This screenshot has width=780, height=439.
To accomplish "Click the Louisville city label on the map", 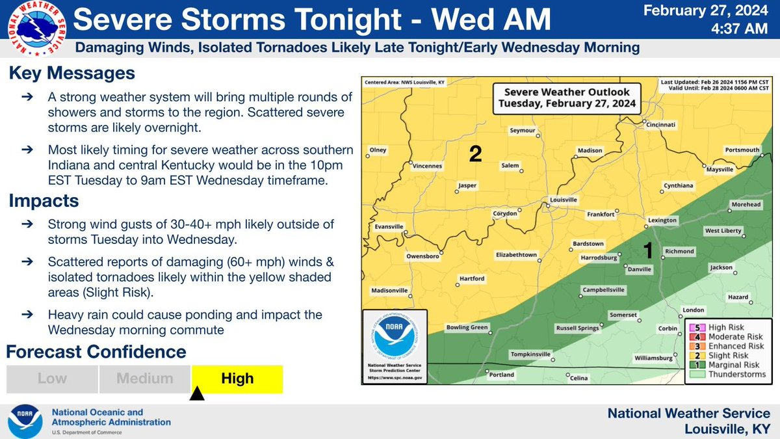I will point(563,200).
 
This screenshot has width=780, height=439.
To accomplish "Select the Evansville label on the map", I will point(385,227).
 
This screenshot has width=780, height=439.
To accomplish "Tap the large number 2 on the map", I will point(475,154).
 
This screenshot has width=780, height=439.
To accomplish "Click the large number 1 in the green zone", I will point(647,249).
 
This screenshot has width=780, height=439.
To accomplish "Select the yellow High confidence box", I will point(237,379).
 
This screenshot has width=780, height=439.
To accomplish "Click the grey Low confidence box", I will point(52,379).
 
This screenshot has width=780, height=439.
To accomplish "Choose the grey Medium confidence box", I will point(145,379).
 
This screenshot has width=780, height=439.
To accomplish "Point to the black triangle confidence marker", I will point(197,394).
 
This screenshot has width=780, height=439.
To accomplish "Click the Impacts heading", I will point(44,201).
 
